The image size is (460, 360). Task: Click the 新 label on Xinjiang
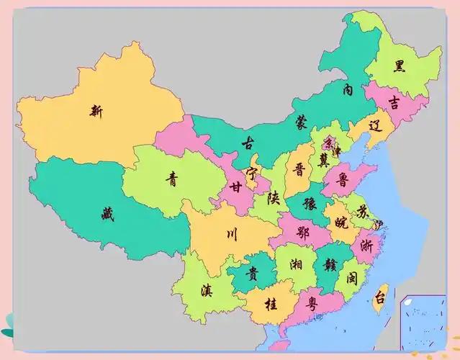[96, 110]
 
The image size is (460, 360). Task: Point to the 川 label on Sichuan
[231, 233]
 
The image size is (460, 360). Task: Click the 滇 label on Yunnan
[207, 290]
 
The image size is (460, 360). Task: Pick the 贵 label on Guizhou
[252, 274]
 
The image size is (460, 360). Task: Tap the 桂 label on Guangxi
[271, 304]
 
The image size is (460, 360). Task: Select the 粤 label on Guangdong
[312, 302]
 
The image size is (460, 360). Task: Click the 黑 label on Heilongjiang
[399, 66]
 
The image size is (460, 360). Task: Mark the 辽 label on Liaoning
[374, 125]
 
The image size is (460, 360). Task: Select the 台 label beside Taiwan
[379, 296]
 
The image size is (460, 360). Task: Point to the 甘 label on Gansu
[235, 187]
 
